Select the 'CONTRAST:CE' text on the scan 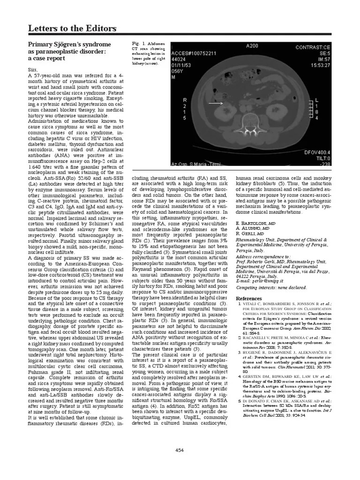312,47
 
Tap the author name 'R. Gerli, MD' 249,233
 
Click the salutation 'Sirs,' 35,68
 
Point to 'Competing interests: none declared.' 264,287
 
